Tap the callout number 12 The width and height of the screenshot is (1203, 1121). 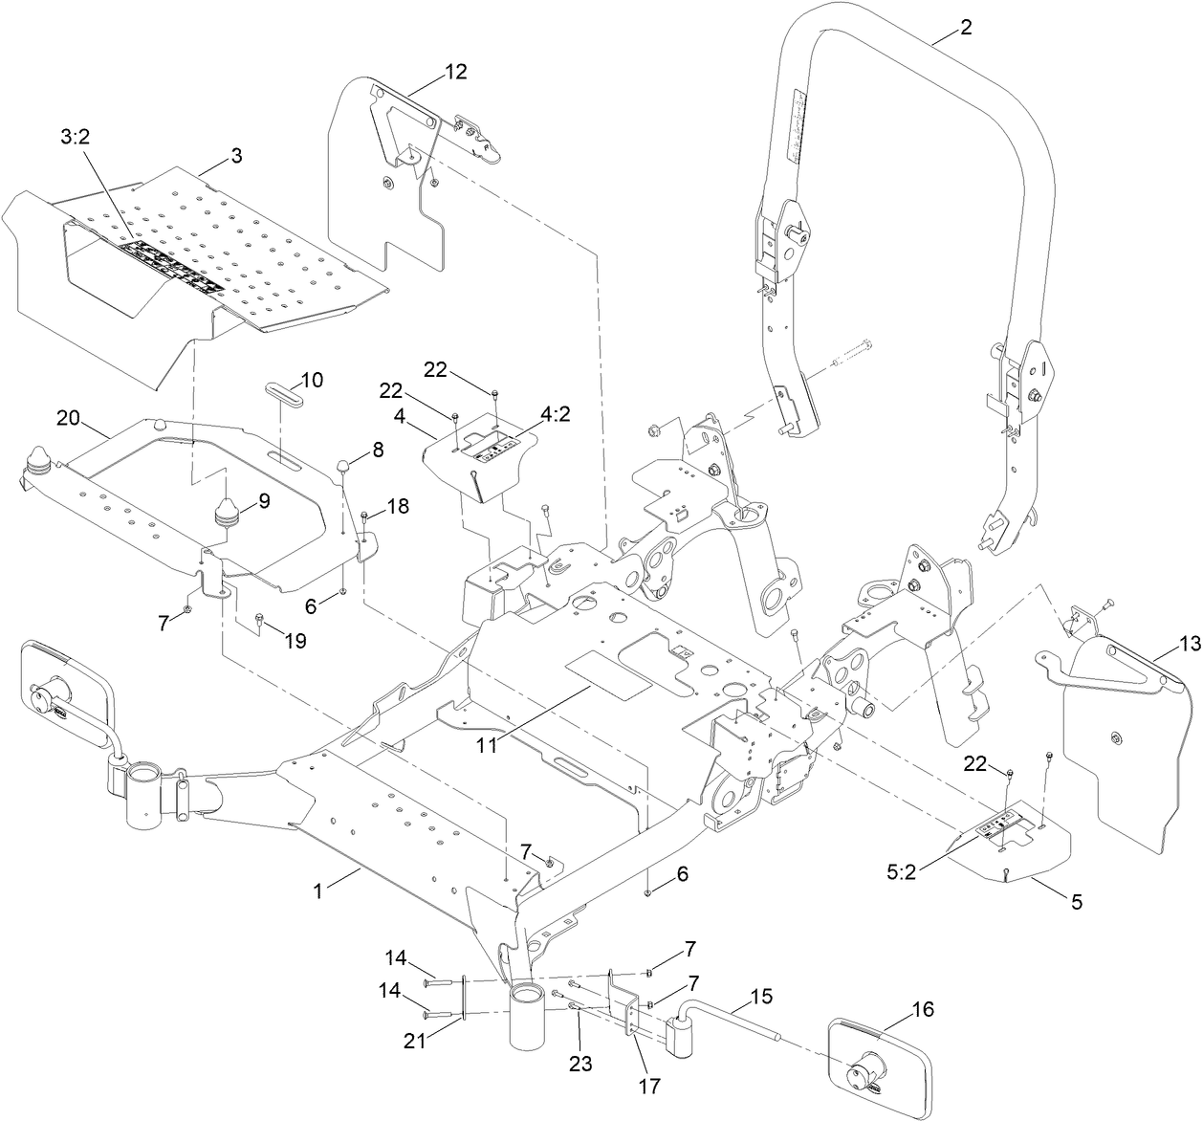(x=456, y=71)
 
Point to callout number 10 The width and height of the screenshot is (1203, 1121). (x=311, y=380)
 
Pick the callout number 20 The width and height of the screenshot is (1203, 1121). (x=68, y=417)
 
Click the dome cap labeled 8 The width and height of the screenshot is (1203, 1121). (x=341, y=466)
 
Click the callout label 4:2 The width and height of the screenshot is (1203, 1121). (x=557, y=418)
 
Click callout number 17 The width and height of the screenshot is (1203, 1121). (x=649, y=1087)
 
